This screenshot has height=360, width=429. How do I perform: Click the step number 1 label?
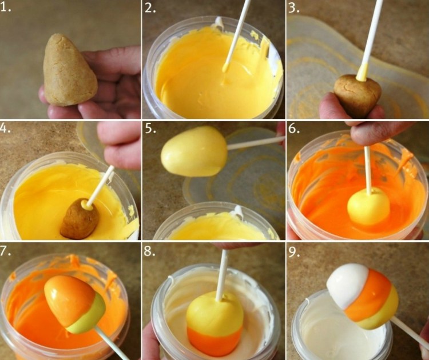pos(5,7)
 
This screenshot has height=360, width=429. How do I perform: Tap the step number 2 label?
pos(150,7)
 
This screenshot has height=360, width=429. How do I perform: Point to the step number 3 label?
pos(293,7)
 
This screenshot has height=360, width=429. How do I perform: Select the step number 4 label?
pos(6,127)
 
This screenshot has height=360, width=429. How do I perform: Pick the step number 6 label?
pos(294,128)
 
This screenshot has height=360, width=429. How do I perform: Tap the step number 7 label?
pos(6,251)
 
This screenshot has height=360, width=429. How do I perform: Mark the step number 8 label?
pos(150,251)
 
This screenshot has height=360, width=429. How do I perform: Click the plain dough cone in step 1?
pos(69,71)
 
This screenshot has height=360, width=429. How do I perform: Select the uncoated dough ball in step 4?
pos(80,219)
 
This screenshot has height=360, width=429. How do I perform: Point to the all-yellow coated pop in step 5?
pos(194,151)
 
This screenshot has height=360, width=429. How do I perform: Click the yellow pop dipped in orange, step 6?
pos(368,207)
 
